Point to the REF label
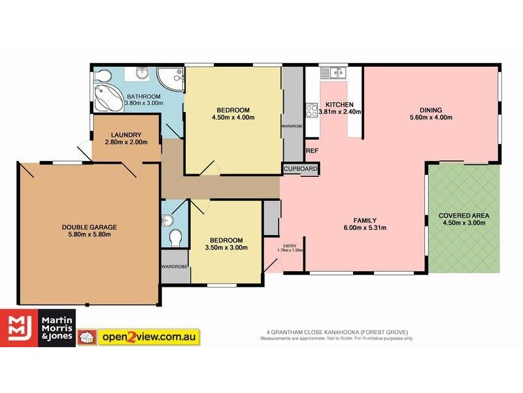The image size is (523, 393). click(312, 151)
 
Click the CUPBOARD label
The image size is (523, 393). click(300, 169)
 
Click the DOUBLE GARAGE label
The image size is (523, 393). click(90, 227)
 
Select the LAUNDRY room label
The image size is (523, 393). click(127, 135)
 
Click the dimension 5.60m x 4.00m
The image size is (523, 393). click(431, 118)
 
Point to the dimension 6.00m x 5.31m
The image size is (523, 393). click(365, 228)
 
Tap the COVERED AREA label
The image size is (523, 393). click(464, 215)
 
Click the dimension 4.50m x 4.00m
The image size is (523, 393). click(233, 117)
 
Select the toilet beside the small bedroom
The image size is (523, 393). click(174, 237)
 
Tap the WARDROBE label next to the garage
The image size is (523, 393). click(175, 267)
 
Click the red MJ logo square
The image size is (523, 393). click(19, 328)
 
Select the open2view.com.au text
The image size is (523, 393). click(148, 337)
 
